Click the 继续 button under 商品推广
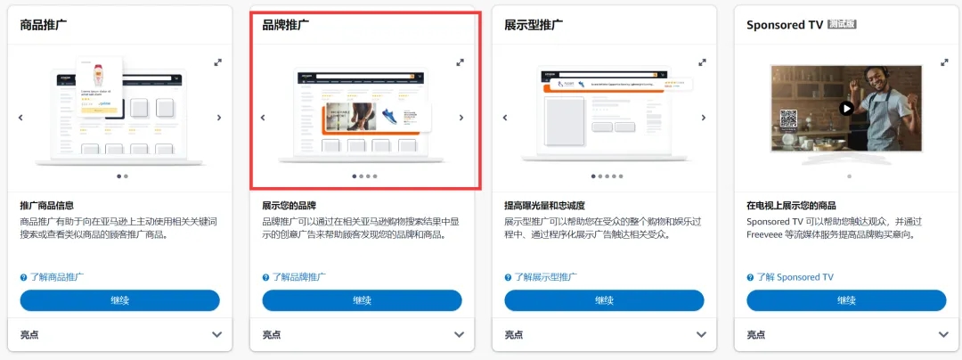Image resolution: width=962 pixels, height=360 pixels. click(119, 300)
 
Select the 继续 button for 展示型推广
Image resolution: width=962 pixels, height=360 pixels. click(604, 300)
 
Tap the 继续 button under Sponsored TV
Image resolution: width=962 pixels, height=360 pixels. click(846, 300)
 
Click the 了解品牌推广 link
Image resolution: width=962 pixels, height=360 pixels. click(298, 277)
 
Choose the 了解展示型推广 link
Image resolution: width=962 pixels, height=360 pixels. click(544, 277)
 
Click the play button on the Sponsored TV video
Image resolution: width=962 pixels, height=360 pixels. click(846, 108)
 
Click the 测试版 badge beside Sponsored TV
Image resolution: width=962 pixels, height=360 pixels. click(842, 25)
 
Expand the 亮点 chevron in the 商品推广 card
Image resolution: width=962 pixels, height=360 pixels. click(217, 334)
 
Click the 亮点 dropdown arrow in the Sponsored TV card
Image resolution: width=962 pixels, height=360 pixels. click(944, 334)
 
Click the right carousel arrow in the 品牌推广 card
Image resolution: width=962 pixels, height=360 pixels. click(461, 117)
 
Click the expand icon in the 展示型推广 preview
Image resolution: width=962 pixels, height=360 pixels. click(703, 61)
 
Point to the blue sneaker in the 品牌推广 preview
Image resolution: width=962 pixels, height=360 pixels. click(389, 115)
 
